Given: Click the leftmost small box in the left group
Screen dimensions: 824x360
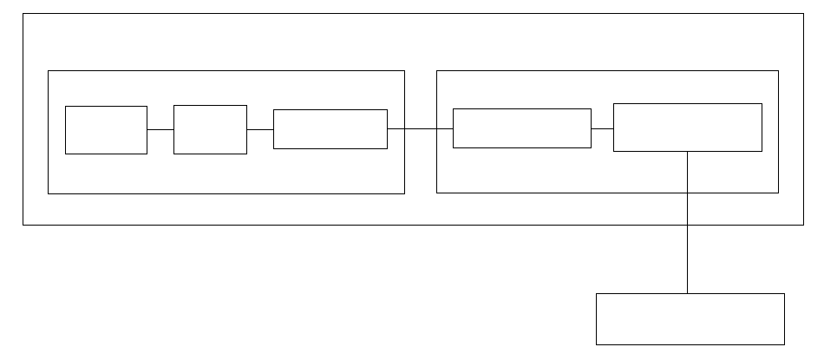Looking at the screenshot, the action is coord(106,129).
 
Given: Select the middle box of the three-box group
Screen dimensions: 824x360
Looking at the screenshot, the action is coord(210,129).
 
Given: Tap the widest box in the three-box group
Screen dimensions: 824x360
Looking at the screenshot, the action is coord(330,129).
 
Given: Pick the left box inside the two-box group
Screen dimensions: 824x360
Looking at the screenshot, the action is coord(521,128).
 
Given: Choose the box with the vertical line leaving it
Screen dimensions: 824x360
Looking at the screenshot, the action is coord(687,128).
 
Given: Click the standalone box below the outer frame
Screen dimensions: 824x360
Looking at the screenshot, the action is coord(690,318).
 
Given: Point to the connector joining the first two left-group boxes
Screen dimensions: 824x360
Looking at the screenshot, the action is coord(160,129).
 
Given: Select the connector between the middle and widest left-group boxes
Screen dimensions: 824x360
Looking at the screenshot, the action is coord(260,129).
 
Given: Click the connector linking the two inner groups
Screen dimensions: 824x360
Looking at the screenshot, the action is coord(420,128).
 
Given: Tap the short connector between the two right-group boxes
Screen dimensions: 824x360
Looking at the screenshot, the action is coord(602,128).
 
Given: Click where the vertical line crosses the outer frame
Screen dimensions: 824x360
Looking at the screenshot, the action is coord(687,225).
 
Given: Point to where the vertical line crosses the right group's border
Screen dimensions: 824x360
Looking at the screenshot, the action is coord(687,192).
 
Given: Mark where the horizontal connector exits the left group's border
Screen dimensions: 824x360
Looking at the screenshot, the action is coord(404,128).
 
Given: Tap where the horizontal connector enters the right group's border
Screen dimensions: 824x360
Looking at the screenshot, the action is coord(436,128).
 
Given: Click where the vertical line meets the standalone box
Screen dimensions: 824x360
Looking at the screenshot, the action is coord(687,293).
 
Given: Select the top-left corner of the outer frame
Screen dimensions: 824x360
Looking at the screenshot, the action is coord(23,14).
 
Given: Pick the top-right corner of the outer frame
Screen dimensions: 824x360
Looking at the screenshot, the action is coord(803,14).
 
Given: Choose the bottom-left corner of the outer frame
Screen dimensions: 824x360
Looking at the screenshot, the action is coord(23,225).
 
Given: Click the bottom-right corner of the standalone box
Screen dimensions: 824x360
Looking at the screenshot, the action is coord(784,344).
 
